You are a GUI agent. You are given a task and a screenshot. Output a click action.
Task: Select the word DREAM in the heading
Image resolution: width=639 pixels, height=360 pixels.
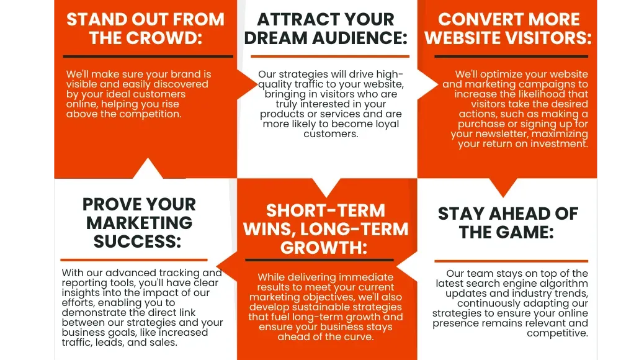click(276, 38)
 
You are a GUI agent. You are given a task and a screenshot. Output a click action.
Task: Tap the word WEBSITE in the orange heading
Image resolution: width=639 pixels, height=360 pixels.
click(462, 38)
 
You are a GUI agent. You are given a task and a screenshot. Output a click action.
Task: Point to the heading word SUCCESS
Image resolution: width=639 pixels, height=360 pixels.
click(137, 241)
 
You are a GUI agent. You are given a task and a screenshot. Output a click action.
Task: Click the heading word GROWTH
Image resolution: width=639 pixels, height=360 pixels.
click(324, 248)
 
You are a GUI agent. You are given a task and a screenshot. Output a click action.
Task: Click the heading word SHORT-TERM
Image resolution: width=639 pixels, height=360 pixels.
click(326, 211)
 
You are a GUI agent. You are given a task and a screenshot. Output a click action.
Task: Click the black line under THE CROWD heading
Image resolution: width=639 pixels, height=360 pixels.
click(148, 56)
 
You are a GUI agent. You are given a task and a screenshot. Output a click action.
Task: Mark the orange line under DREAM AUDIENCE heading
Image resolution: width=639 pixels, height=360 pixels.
click(330, 56)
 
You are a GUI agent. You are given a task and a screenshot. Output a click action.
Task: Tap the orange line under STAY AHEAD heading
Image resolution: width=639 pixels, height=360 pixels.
click(511, 261)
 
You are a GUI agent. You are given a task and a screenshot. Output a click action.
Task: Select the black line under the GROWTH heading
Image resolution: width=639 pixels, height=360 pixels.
click(319, 259)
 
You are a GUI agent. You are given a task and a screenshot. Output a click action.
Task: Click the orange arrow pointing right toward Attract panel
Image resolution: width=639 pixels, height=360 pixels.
click(246, 85)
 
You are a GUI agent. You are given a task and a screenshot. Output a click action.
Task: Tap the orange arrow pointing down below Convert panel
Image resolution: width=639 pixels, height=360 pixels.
click(503, 187)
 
